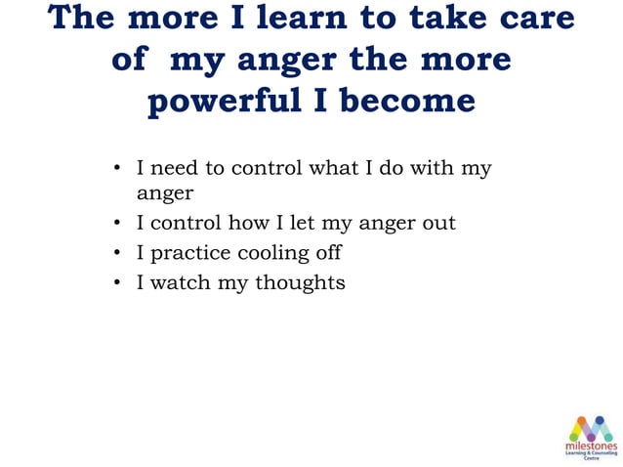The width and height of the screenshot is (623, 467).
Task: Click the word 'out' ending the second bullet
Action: pyautogui.click(x=437, y=223)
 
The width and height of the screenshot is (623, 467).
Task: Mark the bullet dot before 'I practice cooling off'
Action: pyautogui.click(x=115, y=254)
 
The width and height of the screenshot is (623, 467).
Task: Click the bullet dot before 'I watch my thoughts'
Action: pyautogui.click(x=115, y=283)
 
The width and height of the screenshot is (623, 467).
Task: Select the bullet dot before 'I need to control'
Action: pyautogui.click(x=115, y=169)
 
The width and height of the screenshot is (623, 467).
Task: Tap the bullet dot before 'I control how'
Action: pyautogui.click(x=115, y=224)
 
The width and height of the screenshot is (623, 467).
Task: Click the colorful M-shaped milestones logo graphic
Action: pyautogui.click(x=590, y=427)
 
